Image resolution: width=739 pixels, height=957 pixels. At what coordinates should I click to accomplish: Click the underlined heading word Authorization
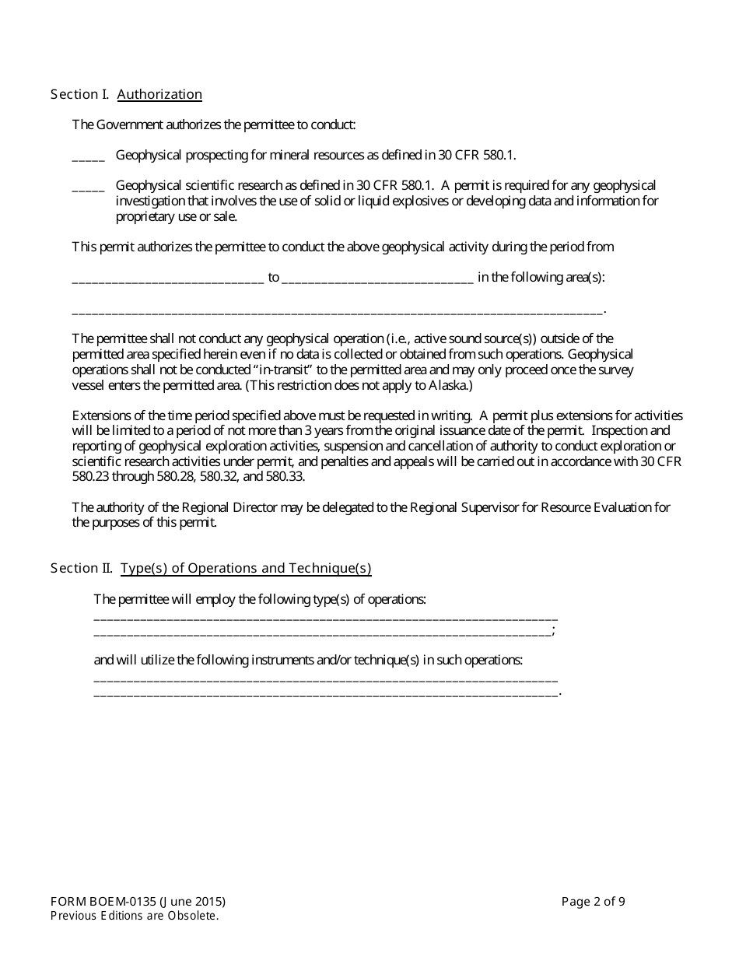click(159, 94)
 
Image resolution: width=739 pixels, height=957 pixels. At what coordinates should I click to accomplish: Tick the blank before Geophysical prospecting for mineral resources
click(88, 156)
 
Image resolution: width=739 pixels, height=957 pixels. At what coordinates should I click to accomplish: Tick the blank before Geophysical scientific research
click(88, 187)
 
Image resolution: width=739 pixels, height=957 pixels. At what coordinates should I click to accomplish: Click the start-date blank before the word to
click(168, 279)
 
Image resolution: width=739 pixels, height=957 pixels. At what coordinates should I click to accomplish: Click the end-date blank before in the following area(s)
click(377, 279)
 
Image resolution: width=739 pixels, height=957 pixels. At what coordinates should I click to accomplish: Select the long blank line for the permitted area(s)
click(337, 310)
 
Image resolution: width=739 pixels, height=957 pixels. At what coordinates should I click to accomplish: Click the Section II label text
click(82, 568)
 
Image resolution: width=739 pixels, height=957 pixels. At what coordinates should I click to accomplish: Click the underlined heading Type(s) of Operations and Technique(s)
click(246, 568)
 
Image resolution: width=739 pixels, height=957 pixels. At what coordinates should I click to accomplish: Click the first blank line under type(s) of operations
click(325, 616)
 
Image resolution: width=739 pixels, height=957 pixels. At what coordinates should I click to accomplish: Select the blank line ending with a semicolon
click(322, 632)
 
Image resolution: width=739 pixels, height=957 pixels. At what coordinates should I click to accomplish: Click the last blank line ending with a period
click(325, 692)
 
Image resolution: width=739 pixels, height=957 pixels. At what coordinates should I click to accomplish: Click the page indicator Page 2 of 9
click(593, 902)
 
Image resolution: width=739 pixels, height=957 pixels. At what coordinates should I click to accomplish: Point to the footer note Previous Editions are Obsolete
click(135, 916)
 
